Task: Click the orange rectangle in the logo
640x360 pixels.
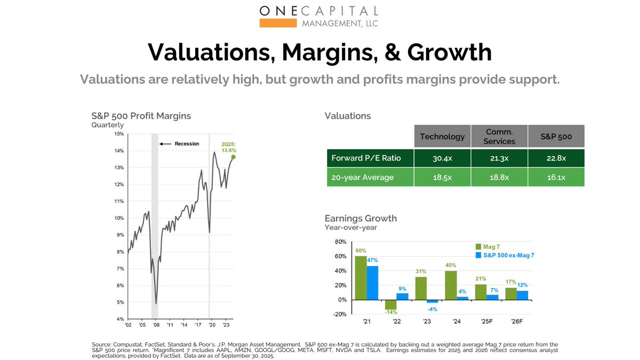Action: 278,23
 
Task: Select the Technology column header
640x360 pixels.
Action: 442,137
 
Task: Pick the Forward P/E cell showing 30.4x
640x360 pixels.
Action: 442,158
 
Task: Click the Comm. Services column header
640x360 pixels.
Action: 499,137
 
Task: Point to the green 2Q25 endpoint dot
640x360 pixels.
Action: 234,157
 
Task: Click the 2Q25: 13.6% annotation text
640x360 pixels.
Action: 228,147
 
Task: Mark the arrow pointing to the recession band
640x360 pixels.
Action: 166,143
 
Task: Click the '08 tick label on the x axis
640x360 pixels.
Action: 155,324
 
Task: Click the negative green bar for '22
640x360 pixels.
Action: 390,304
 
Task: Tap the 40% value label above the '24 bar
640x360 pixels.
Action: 451,266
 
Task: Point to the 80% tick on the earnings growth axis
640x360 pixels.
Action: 340,242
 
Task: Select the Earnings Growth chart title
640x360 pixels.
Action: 361,219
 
